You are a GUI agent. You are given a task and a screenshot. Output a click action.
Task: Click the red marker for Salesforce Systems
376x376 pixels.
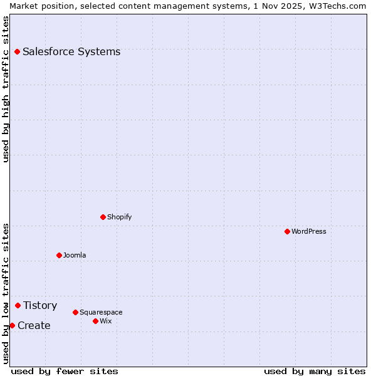[x=17, y=51]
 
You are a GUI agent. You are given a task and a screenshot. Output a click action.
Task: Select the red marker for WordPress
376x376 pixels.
[x=287, y=231]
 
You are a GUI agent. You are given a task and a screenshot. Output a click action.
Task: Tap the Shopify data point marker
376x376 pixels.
[x=103, y=217]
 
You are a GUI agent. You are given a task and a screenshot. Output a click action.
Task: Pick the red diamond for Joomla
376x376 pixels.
[x=59, y=255]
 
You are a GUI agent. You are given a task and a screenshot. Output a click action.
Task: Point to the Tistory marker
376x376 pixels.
[x=18, y=305]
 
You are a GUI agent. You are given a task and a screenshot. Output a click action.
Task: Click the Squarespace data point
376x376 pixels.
[x=75, y=312]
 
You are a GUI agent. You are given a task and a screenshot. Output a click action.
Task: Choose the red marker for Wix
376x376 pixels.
[x=95, y=321]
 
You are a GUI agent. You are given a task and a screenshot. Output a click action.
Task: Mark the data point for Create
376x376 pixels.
[x=12, y=325]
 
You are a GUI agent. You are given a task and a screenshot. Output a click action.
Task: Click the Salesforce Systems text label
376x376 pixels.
[x=71, y=51]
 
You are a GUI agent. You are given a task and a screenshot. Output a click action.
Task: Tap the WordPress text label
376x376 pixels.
[x=309, y=231]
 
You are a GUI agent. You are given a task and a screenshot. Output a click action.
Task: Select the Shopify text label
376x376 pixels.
[x=119, y=217]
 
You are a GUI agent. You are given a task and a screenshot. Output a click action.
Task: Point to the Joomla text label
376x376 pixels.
[x=75, y=255]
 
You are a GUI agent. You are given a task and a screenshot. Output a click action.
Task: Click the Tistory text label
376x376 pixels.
[x=40, y=305]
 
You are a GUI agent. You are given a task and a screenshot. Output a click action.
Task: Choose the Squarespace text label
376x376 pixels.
[x=101, y=312]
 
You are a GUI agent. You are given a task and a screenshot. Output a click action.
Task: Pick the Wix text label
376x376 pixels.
[x=105, y=321]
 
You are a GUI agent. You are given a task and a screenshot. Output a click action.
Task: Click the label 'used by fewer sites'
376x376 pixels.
[x=65, y=371]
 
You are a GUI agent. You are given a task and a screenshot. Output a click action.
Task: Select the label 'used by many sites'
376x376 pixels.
[x=314, y=371]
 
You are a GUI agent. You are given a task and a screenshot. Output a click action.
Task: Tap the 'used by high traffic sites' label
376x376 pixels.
[x=6, y=89]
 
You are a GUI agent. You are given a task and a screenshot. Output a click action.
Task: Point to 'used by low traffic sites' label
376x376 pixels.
[x=6, y=293]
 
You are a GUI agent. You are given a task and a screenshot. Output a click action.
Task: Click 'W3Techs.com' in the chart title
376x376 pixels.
[x=335, y=6]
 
